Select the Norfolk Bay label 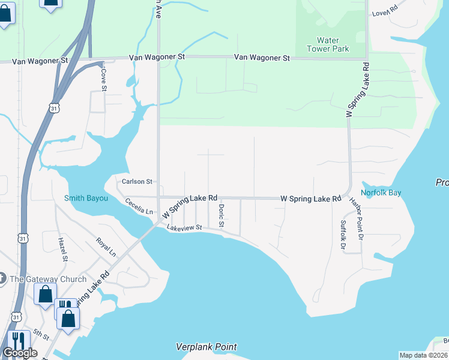[381, 193]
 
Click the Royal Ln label [106, 247]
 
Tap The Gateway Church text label [48, 278]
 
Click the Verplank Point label [206, 347]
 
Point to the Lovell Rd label [385, 11]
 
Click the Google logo [20, 353]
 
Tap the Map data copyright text [423, 355]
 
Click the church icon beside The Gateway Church [2, 278]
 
